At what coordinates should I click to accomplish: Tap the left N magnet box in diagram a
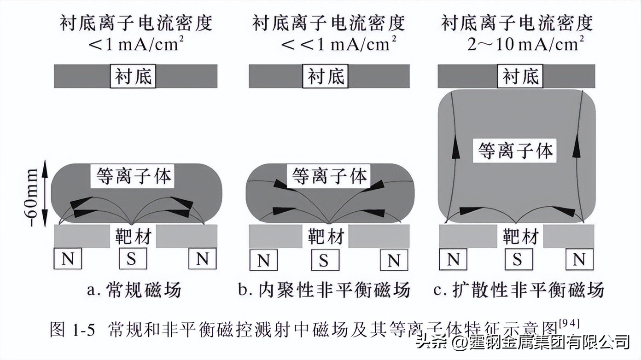tap(68, 259)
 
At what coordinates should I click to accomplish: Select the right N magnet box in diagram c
tap(579, 260)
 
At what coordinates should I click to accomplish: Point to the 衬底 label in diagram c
tap(520, 76)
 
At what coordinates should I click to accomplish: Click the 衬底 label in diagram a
tap(134, 76)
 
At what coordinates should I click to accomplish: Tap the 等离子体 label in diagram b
tap(330, 176)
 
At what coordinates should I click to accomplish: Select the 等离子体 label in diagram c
tap(515, 151)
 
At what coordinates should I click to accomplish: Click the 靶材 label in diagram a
tap(133, 237)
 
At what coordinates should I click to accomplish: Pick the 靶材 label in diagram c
tap(519, 237)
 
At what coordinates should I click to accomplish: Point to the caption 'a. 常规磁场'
tap(134, 290)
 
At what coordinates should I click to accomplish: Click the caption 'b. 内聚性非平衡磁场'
tap(324, 290)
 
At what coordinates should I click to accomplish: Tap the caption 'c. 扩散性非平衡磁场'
tap(519, 290)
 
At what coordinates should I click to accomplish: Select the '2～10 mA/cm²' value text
tap(525, 44)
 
